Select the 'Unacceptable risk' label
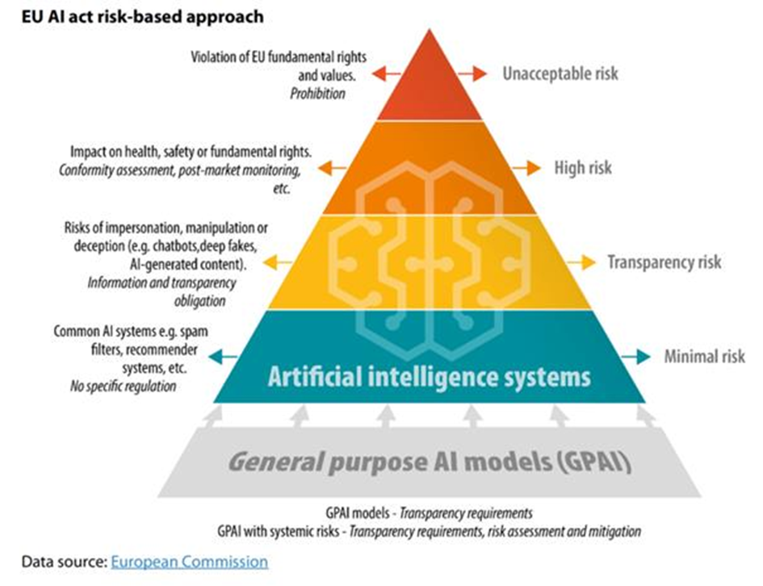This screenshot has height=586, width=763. click(x=560, y=73)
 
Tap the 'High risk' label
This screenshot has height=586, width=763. click(x=582, y=168)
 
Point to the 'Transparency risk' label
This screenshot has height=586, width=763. click(x=664, y=262)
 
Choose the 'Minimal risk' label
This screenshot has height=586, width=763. click(x=704, y=356)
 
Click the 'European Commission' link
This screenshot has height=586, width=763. click(x=189, y=561)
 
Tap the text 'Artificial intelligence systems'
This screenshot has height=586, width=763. click(x=430, y=376)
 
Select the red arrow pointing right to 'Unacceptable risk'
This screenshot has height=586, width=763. click(x=472, y=73)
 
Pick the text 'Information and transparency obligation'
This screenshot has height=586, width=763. click(x=161, y=291)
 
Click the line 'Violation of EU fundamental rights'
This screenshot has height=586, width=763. click(x=279, y=57)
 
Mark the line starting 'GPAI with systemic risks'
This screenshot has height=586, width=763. click(x=428, y=532)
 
